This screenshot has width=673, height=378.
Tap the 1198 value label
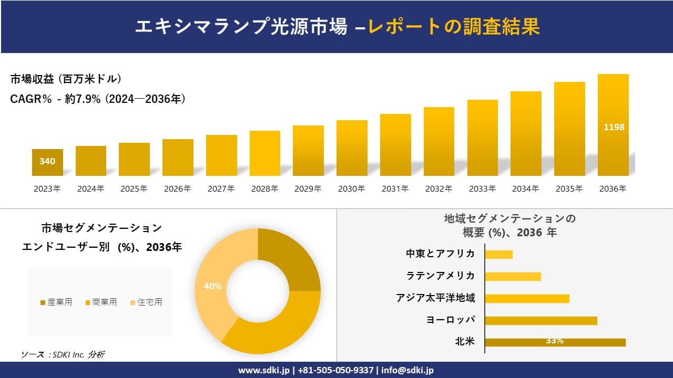614,127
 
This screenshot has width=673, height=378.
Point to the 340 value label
47,161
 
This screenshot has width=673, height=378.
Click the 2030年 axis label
352,189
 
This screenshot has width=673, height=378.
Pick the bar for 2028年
264,153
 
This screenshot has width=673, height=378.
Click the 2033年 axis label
482,189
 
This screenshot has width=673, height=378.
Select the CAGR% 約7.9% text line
98,99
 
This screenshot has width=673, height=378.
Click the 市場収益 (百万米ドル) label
66,79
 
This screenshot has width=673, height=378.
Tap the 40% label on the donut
212,286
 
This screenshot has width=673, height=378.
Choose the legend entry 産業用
56,302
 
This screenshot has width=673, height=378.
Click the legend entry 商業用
101,302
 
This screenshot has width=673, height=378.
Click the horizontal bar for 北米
555,342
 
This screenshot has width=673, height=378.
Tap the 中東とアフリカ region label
441,254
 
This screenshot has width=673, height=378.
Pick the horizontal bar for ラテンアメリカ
513,276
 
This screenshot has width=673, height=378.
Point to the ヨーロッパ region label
451,320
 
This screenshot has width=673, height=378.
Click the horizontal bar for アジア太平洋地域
527,298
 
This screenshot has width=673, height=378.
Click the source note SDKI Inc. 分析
63,355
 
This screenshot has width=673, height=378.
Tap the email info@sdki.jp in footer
408,370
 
